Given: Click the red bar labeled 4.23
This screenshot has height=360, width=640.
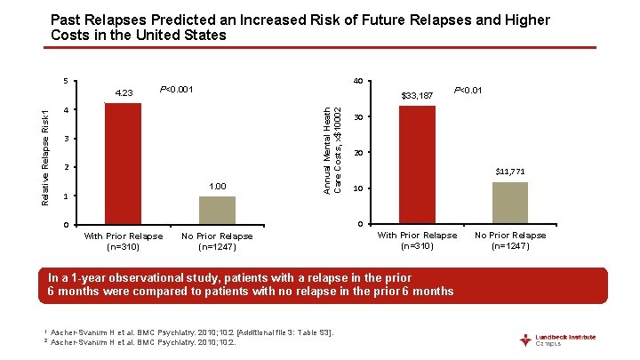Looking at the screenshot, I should [x=123, y=164].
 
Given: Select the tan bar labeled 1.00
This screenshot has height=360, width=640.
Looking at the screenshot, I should [x=217, y=210].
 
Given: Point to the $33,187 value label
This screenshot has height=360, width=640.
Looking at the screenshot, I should [x=417, y=95].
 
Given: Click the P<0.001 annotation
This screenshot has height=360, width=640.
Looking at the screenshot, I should [x=177, y=89].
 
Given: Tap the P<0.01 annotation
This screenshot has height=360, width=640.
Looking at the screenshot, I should [x=468, y=89].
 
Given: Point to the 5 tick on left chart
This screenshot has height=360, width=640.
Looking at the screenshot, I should [x=66, y=81].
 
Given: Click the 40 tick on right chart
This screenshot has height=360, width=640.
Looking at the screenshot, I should [x=356, y=81].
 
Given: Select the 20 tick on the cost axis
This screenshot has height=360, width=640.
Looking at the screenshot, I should [x=356, y=154].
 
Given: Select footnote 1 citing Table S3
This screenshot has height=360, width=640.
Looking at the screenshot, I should [x=192, y=332].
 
